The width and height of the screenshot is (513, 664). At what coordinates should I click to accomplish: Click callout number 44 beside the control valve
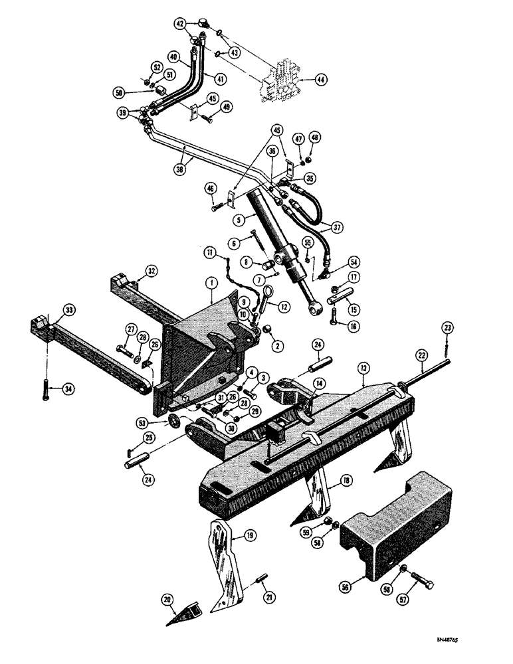tap(321, 79)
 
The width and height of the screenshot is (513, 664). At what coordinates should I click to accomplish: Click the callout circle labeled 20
tap(167, 600)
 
